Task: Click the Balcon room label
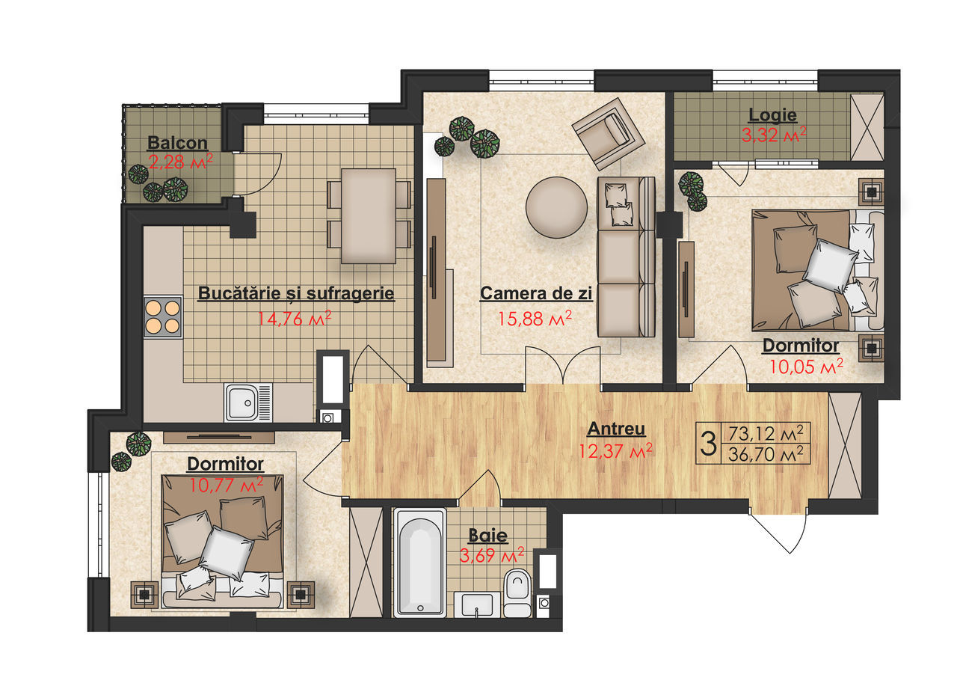[x=177, y=143]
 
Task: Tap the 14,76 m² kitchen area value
[x=295, y=319]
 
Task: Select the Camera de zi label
[x=536, y=293]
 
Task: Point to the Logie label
[x=773, y=115]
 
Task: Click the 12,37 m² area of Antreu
[x=615, y=451]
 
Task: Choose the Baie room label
[x=488, y=535]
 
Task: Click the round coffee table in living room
[x=556, y=208]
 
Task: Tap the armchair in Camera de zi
[x=608, y=134]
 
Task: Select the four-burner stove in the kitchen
[x=163, y=316]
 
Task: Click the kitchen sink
[x=247, y=402]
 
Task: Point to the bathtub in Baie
[x=419, y=562]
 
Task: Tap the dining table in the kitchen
[x=369, y=216]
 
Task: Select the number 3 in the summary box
[x=708, y=443]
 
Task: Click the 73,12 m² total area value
[x=766, y=433]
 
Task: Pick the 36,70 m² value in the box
[x=766, y=453]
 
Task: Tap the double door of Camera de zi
[x=563, y=364]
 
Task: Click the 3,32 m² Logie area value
[x=774, y=135]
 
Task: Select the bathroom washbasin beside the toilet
[x=477, y=604]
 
